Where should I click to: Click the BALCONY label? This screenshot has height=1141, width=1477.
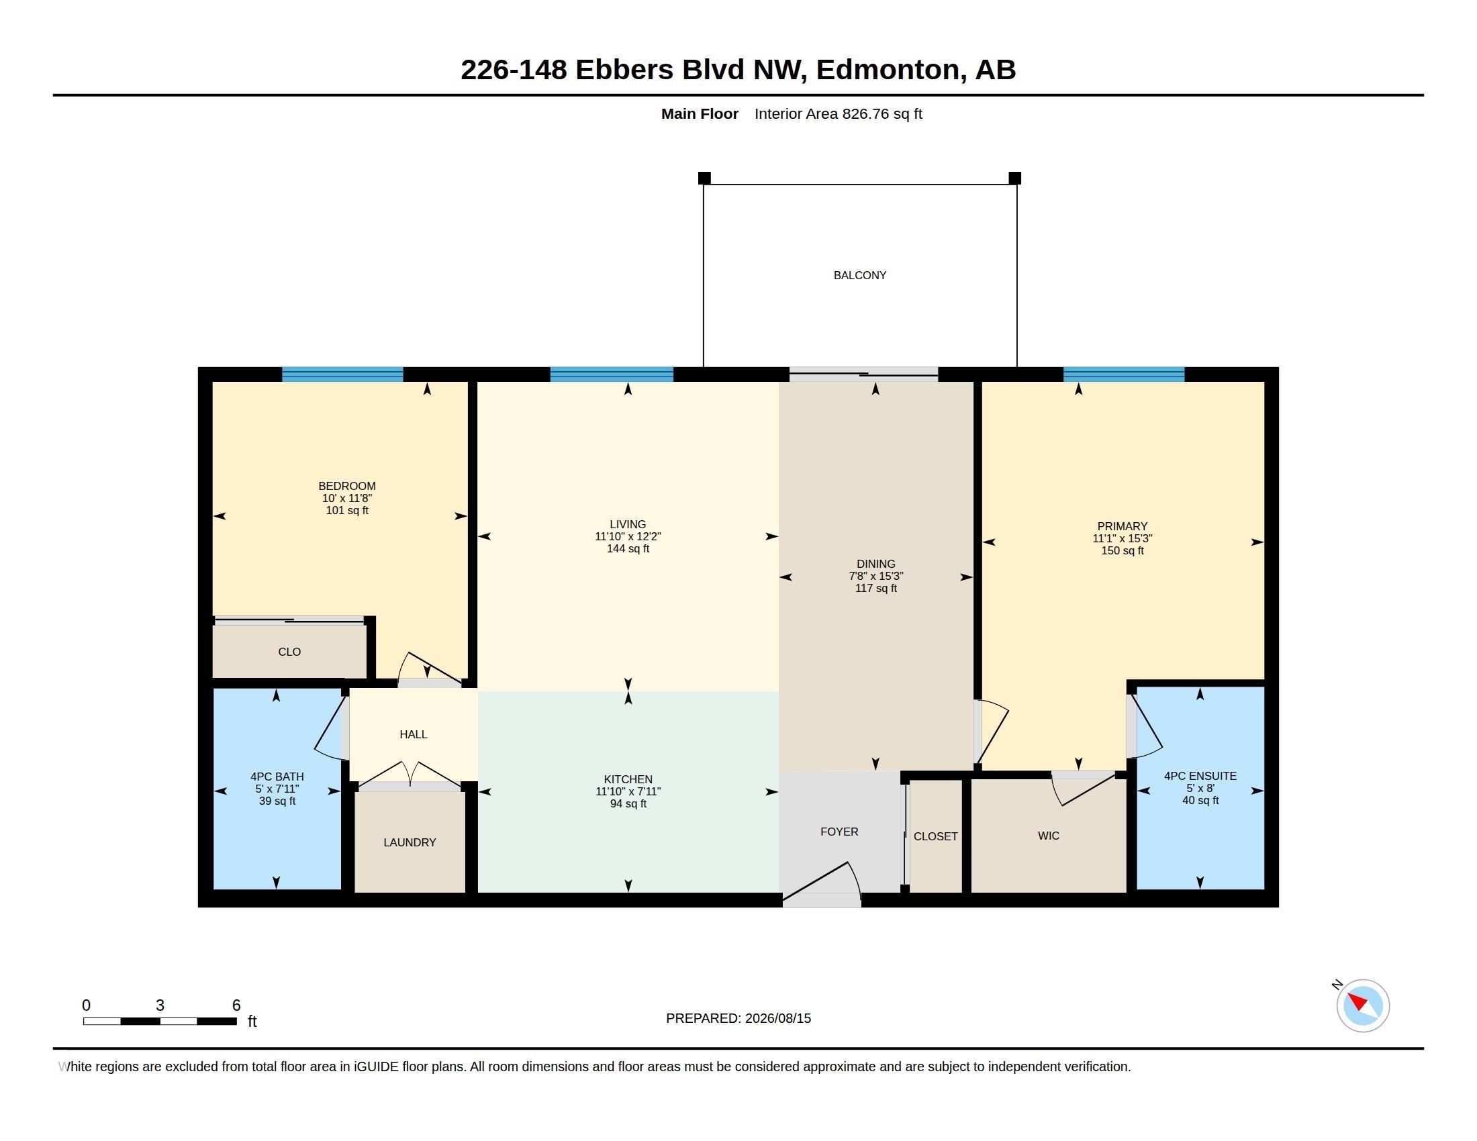[859, 275]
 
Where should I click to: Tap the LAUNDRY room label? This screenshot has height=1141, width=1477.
[409, 842]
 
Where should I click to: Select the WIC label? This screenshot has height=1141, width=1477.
[1048, 836]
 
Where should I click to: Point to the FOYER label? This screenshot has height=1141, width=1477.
[839, 832]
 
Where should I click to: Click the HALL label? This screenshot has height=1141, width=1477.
[413, 734]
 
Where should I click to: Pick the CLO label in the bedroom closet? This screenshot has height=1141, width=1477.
[289, 652]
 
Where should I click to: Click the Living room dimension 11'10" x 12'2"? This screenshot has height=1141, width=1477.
[628, 536]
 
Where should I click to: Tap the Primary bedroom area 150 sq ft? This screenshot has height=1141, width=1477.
[1122, 550]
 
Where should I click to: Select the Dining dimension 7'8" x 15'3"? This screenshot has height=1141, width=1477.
[875, 576]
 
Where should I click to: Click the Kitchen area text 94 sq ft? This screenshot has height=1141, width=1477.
[628, 803]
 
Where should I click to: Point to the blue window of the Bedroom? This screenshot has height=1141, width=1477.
[342, 375]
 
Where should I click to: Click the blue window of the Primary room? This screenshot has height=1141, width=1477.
[1123, 375]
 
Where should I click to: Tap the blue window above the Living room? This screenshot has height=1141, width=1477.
[612, 375]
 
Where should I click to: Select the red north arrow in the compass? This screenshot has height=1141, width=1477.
[1357, 1001]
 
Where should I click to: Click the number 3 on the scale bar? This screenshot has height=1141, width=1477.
[160, 1005]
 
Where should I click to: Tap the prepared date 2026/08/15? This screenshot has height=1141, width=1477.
[777, 1018]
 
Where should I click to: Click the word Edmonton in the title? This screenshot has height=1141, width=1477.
[887, 70]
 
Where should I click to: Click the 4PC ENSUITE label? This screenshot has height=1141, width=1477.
[1200, 776]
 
